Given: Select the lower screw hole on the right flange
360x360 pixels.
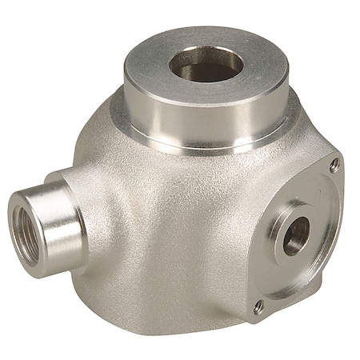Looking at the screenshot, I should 258,305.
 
